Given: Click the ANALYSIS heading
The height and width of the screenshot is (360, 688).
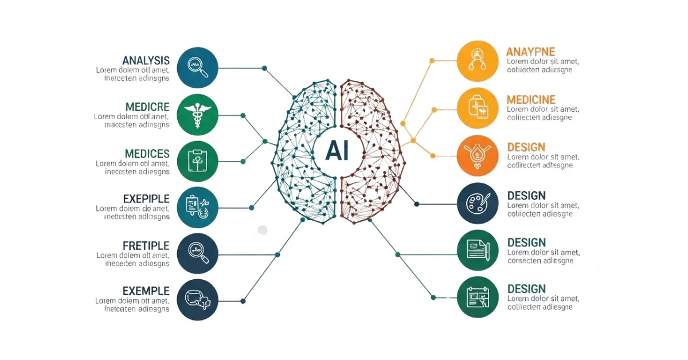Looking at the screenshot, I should tap(146, 60).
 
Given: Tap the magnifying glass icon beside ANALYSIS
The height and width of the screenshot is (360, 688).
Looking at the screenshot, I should tap(198, 68).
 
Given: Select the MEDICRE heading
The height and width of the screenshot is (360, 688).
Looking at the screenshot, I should tap(147, 107).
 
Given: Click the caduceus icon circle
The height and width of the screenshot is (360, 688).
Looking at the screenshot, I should tap(198, 114).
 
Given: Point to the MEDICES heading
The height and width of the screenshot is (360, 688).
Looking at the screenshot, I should tap(147, 154).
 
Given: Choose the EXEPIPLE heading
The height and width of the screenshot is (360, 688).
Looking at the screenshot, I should tap(146, 199).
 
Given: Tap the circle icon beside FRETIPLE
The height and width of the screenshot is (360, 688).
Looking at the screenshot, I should tap(198, 253).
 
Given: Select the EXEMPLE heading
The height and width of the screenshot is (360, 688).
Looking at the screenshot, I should tap(146, 291).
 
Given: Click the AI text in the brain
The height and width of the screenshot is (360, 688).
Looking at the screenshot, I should tap(337, 151).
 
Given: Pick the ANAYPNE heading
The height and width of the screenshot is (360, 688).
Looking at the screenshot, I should tap(530, 52).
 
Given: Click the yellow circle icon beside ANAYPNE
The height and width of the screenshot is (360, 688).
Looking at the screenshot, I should tap(478, 61).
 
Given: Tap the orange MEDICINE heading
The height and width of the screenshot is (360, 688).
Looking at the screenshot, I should tap(531, 100).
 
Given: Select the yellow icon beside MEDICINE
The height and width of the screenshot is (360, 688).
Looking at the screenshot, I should tap(478, 108).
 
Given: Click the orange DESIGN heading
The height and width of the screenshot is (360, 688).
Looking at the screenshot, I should tap(526, 147).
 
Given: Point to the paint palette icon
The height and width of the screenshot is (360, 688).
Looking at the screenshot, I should tap(478, 203).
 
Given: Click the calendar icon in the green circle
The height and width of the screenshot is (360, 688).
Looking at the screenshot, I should tap(478, 296).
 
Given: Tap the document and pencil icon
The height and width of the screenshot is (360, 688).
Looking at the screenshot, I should tap(478, 250).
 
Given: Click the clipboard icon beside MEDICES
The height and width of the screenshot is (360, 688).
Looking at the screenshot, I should tap(198, 161).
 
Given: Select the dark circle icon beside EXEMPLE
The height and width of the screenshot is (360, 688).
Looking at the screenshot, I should tap(198, 299).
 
